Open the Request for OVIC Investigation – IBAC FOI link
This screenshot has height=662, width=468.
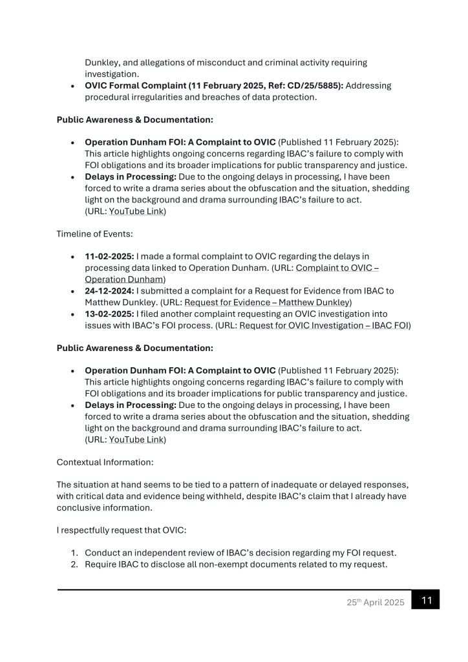(324, 326)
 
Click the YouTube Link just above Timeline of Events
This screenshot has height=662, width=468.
(136, 211)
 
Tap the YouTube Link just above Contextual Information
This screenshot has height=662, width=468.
(136, 440)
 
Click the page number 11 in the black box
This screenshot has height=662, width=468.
(426, 601)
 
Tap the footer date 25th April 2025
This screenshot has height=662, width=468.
(375, 603)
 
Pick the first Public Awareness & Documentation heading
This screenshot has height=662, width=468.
(134, 120)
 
